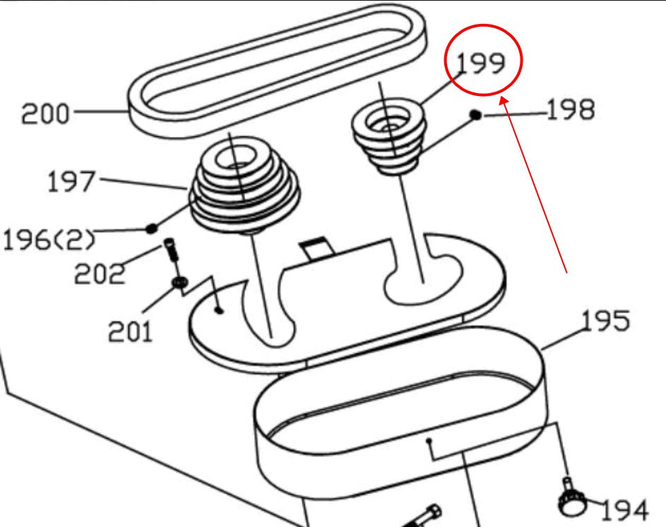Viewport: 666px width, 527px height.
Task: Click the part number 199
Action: coord(482,63)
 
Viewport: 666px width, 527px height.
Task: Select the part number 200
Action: coord(46,113)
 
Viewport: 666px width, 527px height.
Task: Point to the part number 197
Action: coord(71,182)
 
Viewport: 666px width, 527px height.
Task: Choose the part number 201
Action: coord(130,329)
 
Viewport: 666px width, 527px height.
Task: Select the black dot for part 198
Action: coord(477,114)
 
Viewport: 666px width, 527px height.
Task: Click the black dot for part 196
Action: coord(150,228)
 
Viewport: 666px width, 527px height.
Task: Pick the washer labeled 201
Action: coord(179,283)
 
